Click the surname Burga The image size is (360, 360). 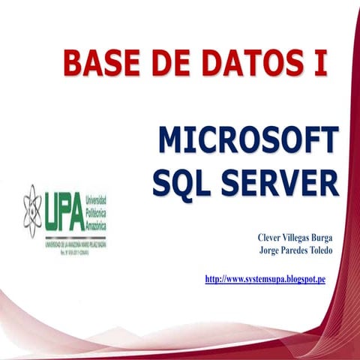coord(318,237)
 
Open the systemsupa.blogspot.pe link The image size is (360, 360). coord(265,280)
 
